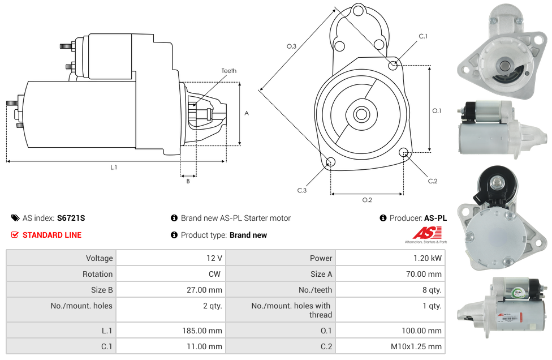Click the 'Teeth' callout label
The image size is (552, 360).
point(229,71)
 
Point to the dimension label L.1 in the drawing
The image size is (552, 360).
point(114,168)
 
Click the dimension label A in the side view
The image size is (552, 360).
point(247,113)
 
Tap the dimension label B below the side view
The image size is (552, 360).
point(188,181)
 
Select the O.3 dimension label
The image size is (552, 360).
point(291,46)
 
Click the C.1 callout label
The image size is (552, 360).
point(423,37)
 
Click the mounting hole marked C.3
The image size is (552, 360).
point(331,163)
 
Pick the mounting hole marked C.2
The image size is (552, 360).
point(404,152)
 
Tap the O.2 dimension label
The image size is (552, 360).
point(367,200)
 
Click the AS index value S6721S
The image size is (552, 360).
point(71,218)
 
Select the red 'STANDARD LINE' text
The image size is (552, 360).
point(52,235)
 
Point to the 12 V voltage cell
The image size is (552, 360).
point(214,258)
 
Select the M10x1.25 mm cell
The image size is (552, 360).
point(417,346)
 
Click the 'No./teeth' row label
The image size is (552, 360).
point(314,290)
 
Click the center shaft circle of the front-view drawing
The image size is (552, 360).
point(361,114)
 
